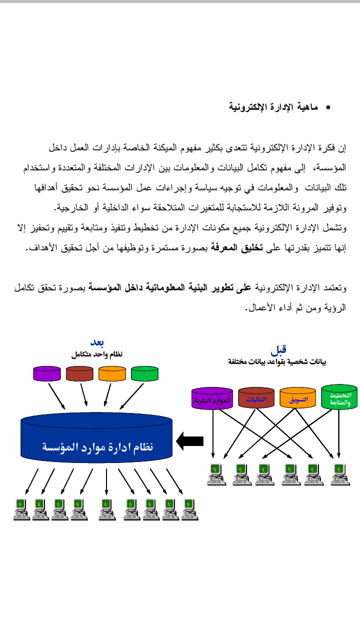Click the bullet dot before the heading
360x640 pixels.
[x=328, y=107]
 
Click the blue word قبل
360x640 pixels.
[x=278, y=350]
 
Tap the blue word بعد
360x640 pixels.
[x=97, y=342]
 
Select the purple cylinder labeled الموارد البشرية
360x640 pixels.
[x=212, y=398]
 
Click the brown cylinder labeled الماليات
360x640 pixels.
[x=256, y=397]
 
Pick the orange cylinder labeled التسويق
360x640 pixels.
[x=297, y=397]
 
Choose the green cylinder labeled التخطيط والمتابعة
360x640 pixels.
[x=339, y=397]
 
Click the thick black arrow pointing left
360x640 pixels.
[x=189, y=441]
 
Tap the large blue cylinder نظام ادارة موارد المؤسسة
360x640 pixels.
[x=96, y=437]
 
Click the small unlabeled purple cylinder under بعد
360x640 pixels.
[x=47, y=373]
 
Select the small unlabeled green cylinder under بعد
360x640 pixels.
[x=145, y=373]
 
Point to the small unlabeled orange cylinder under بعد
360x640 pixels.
[x=112, y=373]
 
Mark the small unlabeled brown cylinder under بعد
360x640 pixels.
[x=79, y=373]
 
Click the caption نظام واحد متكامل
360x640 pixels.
[x=97, y=354]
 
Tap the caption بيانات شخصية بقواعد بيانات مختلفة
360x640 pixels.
[x=277, y=361]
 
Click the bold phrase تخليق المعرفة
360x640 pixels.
[x=237, y=247]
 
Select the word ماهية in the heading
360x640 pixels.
[x=307, y=107]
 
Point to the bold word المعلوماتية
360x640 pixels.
[x=165, y=287]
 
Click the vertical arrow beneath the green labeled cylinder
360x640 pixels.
[x=339, y=433]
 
